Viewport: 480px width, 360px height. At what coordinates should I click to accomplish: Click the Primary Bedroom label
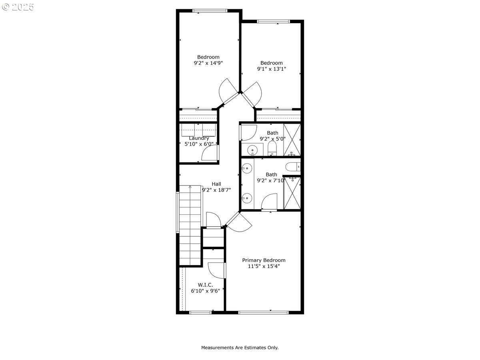(x=264, y=260)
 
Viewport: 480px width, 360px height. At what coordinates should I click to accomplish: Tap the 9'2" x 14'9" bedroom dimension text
(x=208, y=63)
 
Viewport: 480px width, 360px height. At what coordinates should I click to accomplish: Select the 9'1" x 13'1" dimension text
(x=271, y=69)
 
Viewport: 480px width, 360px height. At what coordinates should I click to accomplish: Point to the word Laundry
(x=199, y=138)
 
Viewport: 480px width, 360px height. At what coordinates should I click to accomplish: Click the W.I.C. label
(x=205, y=285)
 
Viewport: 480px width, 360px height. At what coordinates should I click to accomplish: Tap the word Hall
(x=216, y=184)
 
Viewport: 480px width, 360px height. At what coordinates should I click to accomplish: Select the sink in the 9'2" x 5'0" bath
(x=252, y=150)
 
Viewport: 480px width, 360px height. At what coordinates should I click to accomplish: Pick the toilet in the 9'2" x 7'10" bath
(x=293, y=167)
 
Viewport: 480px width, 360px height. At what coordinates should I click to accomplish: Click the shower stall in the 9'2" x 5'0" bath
(x=292, y=140)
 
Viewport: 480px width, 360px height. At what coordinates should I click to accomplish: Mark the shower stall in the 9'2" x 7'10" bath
(x=292, y=193)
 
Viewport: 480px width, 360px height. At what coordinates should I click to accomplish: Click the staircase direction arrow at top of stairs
(x=190, y=187)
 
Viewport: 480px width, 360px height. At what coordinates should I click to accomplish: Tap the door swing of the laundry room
(x=210, y=153)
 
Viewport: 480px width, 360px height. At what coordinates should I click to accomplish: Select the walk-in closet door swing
(x=216, y=271)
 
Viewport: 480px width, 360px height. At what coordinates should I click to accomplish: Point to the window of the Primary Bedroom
(x=263, y=312)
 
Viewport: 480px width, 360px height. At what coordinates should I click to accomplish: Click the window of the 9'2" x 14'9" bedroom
(x=210, y=11)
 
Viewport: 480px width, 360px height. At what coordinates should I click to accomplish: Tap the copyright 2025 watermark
(x=18, y=7)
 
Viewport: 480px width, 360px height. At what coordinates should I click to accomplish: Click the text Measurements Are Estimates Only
(x=240, y=348)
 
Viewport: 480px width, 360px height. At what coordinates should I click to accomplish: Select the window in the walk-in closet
(x=200, y=312)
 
